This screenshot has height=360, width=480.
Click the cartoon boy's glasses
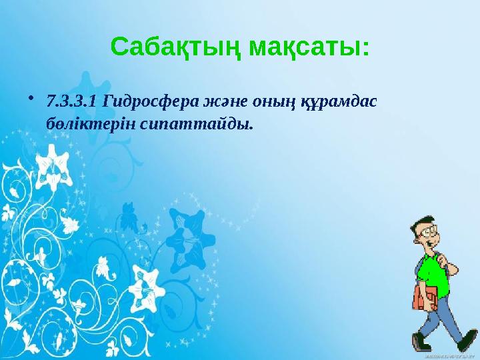coord(430,233)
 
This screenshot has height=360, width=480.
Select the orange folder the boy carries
coord(425,299)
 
